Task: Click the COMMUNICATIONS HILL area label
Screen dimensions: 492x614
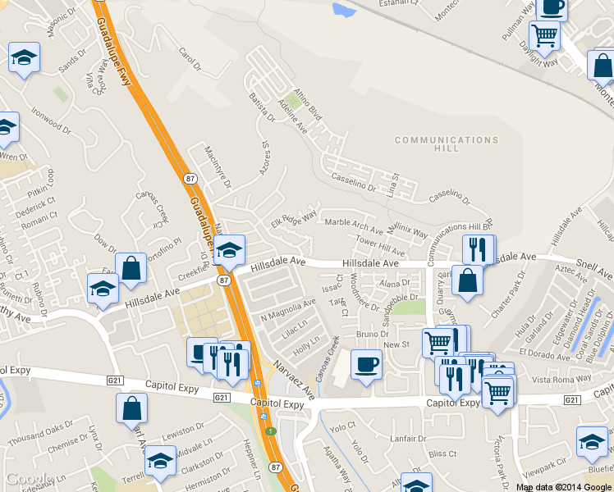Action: (x=447, y=145)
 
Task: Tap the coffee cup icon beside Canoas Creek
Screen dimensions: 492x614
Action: (x=366, y=363)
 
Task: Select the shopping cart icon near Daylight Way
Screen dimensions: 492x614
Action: (x=545, y=35)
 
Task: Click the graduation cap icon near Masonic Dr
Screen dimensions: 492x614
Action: (x=24, y=58)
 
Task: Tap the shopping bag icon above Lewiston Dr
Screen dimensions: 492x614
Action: (x=132, y=408)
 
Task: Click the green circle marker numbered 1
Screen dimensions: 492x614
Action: (x=269, y=431)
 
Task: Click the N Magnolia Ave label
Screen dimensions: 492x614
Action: (x=288, y=309)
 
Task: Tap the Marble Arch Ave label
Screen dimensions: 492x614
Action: (x=354, y=225)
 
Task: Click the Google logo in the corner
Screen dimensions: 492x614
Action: (x=29, y=479)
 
